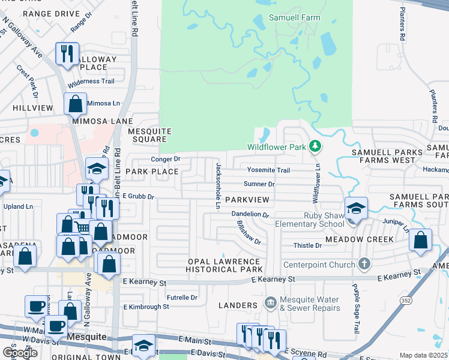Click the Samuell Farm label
coord(295,18)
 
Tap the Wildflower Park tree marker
coord(314,146)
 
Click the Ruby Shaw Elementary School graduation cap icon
coord(357,208)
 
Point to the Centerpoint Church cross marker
coord(363,263)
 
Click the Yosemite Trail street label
coord(268,170)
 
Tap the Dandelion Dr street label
coord(250,214)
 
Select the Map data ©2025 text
coord(424,355)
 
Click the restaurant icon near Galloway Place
coord(66,53)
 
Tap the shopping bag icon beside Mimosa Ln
coord(76,104)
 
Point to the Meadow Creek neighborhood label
coord(359,239)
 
